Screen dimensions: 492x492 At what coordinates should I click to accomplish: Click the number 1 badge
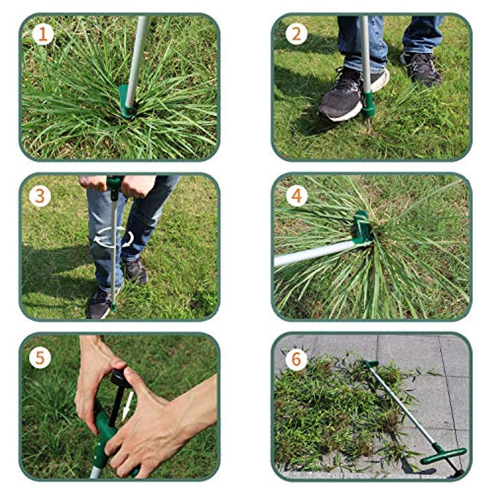43,34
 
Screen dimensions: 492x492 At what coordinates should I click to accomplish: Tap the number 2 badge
296,34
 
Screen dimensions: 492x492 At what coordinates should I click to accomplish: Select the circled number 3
39,196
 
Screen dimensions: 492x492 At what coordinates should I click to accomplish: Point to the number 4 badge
296,196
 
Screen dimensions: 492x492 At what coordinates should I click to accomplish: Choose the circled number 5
39,358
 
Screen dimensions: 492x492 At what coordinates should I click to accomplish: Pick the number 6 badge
296,360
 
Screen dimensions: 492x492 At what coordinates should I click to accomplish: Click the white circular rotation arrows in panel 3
113,238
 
